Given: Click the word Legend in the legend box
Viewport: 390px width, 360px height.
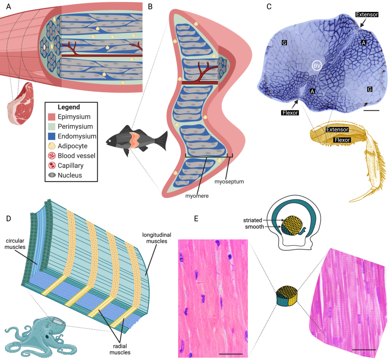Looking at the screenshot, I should (x=70, y=107).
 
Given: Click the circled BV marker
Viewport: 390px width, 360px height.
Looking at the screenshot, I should (x=317, y=66).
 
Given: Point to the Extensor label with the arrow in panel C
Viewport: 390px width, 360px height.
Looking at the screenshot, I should (x=367, y=14).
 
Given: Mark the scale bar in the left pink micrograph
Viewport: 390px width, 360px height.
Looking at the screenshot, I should (x=231, y=354).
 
